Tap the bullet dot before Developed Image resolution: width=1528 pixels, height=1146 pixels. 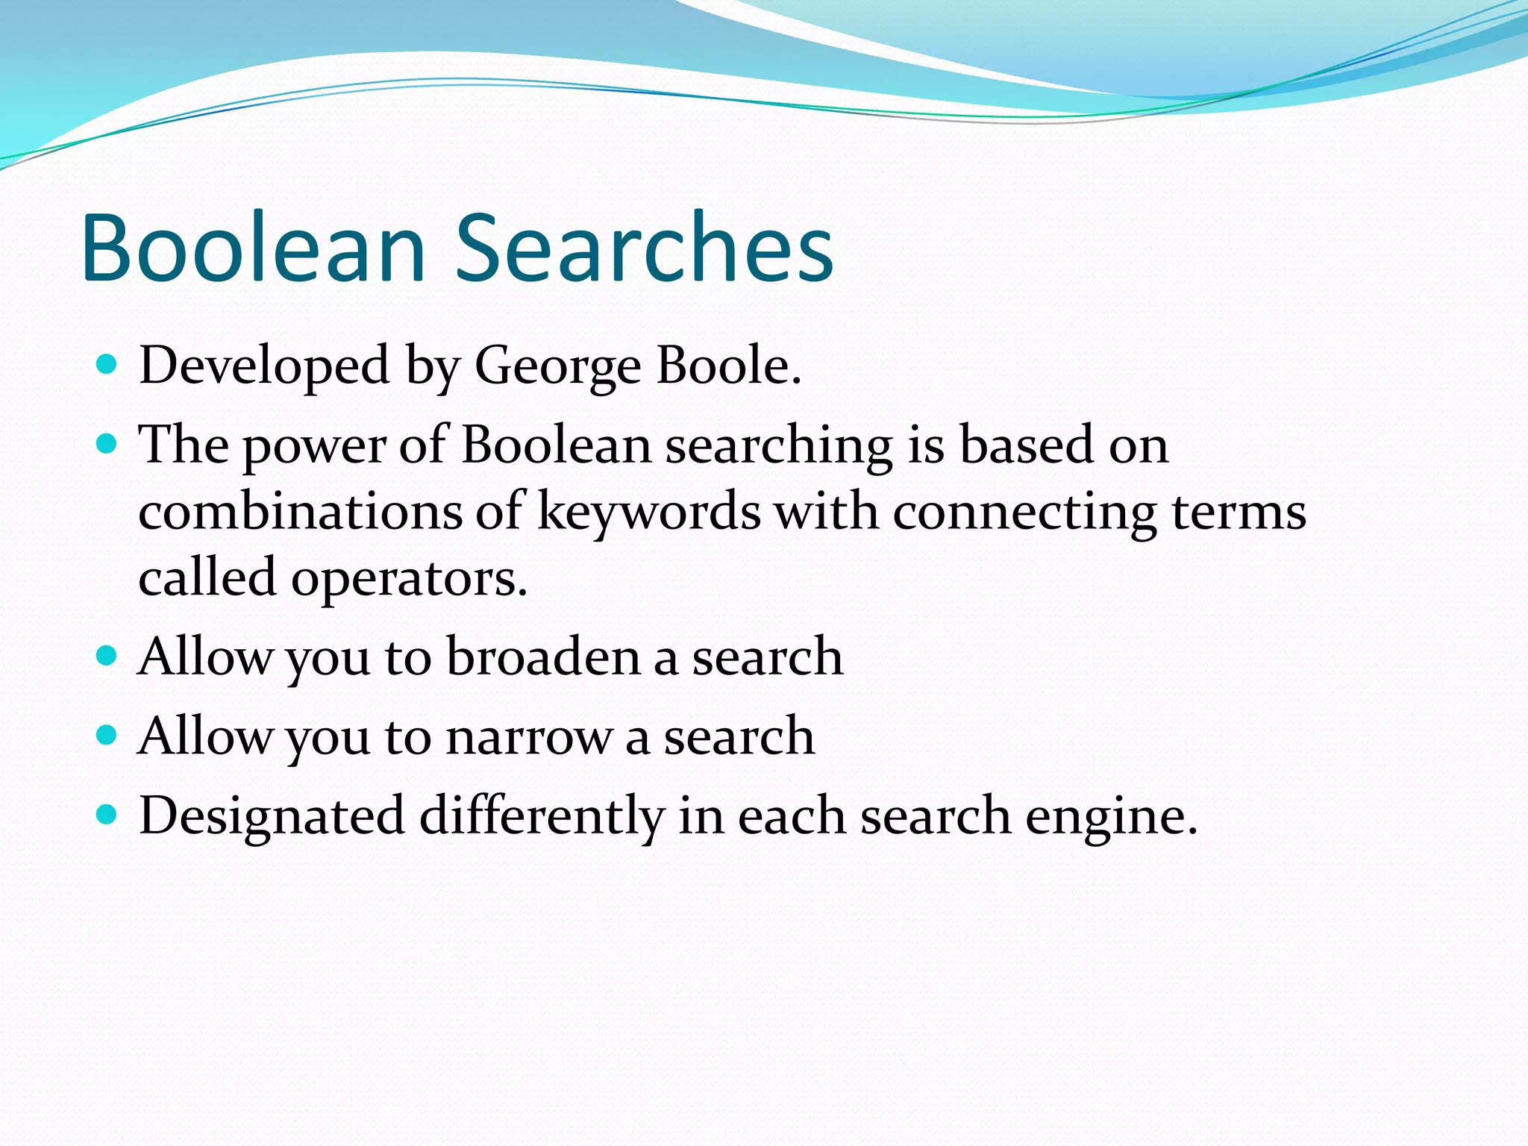[107, 364]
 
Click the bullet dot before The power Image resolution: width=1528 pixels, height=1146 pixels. [107, 444]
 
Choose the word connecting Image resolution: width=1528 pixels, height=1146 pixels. [1024, 513]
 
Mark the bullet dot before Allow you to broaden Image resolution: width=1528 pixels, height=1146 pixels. [107, 656]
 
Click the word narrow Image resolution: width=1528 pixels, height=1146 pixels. [528, 737]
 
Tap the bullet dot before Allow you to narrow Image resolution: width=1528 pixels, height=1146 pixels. [107, 736]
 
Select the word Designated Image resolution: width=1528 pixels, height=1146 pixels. [272, 815]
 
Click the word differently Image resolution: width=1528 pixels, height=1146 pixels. [542, 815]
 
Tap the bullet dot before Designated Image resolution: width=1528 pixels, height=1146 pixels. [107, 815]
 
